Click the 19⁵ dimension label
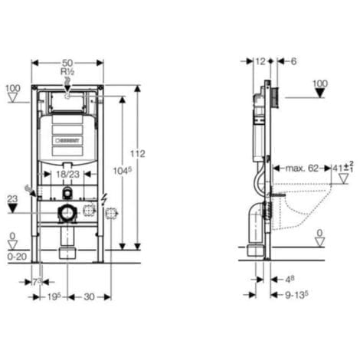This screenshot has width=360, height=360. pos(51,296)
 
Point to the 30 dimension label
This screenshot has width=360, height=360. pos(88,296)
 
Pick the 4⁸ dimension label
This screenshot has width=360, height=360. pos(286,279)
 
